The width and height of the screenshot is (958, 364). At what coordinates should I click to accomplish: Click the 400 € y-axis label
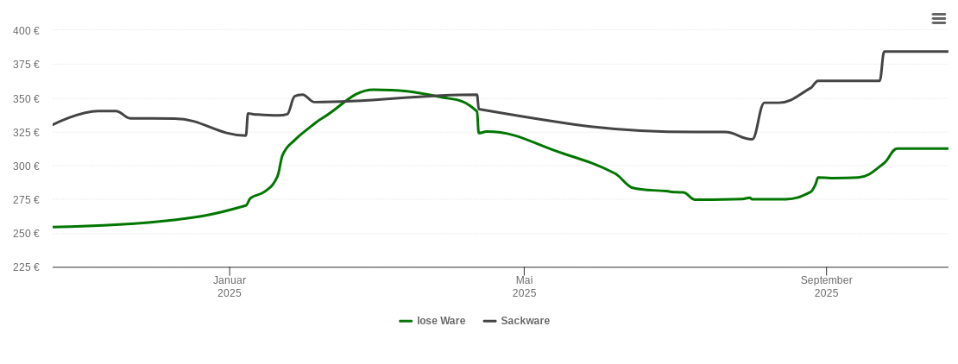(26, 31)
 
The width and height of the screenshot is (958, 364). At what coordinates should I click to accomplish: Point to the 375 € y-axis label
(26, 65)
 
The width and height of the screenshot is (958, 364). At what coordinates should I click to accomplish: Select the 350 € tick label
(26, 98)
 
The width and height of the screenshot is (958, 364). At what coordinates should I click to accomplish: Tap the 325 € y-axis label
(26, 132)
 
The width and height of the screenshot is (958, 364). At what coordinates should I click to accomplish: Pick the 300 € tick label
(26, 166)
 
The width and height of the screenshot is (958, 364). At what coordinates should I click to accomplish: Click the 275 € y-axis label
(26, 199)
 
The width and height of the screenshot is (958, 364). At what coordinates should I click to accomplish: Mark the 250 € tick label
(26, 233)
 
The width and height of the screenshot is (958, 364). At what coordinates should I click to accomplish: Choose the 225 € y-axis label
(26, 267)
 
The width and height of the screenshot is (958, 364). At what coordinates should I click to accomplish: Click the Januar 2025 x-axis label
(230, 286)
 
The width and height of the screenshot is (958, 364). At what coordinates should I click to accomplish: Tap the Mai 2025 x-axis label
(524, 286)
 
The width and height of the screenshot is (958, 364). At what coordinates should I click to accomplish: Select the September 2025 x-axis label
(826, 286)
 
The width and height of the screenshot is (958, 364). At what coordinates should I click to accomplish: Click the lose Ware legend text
(441, 321)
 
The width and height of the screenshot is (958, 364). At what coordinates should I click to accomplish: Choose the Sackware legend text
(525, 321)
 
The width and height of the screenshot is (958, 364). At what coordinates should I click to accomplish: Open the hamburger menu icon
(939, 18)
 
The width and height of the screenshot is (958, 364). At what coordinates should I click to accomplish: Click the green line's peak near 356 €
(373, 90)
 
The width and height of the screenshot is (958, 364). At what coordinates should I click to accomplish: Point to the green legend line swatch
(406, 321)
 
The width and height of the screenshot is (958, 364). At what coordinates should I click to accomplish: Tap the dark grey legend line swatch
(489, 321)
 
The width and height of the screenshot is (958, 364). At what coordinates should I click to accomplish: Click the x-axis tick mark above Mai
(524, 271)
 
